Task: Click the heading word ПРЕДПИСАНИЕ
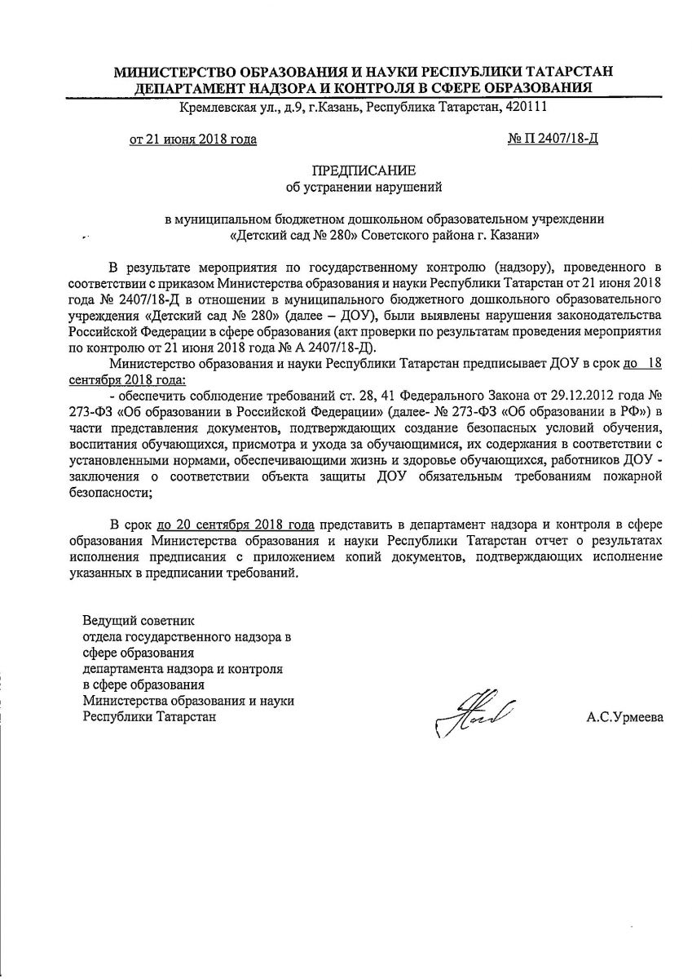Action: point(364,171)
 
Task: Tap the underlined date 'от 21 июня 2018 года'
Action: point(193,139)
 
